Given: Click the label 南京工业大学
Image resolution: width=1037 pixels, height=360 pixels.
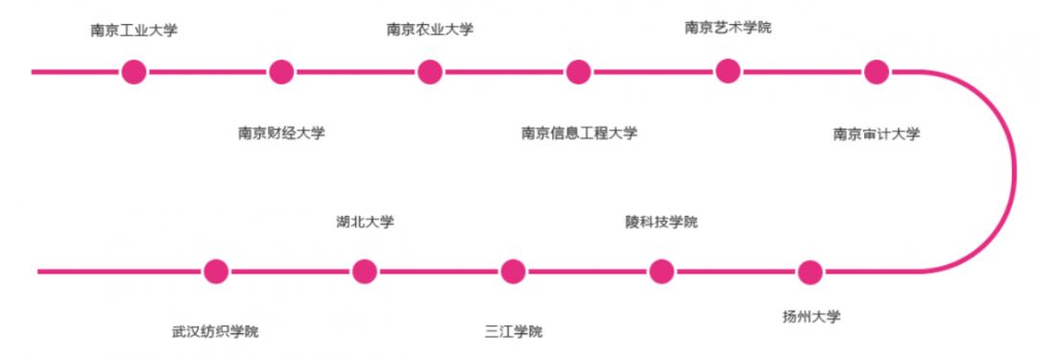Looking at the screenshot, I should coord(134,30).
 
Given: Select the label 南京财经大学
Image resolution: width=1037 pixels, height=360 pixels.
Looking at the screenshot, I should coord(281,132).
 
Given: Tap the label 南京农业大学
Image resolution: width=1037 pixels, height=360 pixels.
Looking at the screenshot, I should coord(429,29).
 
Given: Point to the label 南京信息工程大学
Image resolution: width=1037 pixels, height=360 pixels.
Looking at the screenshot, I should coord(579,132).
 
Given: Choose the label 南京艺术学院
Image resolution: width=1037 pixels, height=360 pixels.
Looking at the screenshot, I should coord(728,27).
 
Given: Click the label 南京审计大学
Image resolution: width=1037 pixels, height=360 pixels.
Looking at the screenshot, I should coord(876,133).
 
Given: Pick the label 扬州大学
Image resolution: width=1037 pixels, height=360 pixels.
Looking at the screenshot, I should coord(811,316).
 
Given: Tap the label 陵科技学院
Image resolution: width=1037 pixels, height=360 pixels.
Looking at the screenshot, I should coord(661,222).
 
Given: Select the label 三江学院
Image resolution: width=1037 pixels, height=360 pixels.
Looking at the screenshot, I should coord(514,331).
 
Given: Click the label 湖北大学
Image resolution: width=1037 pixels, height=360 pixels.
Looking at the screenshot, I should coord(365,222).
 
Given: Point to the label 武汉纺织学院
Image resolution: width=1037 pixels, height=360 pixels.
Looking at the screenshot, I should coord(215,331).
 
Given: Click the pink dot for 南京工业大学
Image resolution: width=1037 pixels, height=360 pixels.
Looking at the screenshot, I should coord(133,71).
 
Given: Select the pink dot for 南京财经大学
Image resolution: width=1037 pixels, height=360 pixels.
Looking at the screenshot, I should coord(281,71).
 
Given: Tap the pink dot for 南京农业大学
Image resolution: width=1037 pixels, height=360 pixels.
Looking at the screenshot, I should coord(429,71).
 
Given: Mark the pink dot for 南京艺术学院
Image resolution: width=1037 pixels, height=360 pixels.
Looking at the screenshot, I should coord(728,70).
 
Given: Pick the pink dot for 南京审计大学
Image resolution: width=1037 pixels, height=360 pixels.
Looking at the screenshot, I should coord(876,71).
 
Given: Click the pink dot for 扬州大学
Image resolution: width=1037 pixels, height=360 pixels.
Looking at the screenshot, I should coord(810,272).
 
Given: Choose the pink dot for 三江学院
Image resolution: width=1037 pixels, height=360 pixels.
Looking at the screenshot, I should coord(514,272).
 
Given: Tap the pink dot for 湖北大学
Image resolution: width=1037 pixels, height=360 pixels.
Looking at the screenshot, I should coord(365,272).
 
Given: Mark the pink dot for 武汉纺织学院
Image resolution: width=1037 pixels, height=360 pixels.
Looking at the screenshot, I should coord(216,272).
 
